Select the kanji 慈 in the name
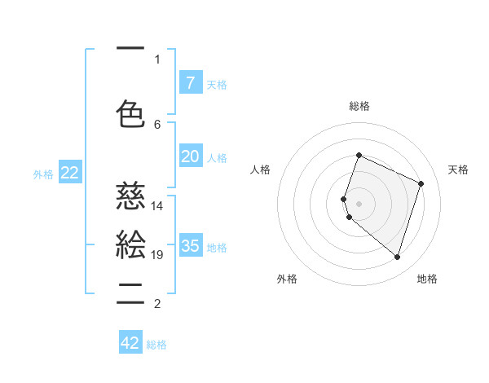pyautogui.click(x=130, y=196)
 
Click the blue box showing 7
pyautogui.click(x=190, y=82)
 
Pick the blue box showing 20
pyautogui.click(x=190, y=156)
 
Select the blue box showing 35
pyautogui.click(x=190, y=246)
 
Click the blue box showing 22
pyautogui.click(x=69, y=173)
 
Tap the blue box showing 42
pyautogui.click(x=130, y=343)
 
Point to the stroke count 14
pyautogui.click(x=157, y=206)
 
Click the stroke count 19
pyautogui.click(x=157, y=255)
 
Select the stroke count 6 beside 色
pyautogui.click(x=157, y=124)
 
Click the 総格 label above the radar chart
pyautogui.click(x=359, y=106)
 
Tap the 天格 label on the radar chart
pyautogui.click(x=458, y=169)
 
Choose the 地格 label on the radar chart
pyautogui.click(x=427, y=279)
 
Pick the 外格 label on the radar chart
pyautogui.click(x=287, y=279)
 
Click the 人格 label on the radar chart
pyautogui.click(x=261, y=169)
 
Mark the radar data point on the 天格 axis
pyautogui.click(x=421, y=183)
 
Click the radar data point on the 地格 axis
pyautogui.click(x=397, y=257)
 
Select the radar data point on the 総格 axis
pyautogui.click(x=359, y=155)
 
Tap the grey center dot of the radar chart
pyautogui.click(x=359, y=203)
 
